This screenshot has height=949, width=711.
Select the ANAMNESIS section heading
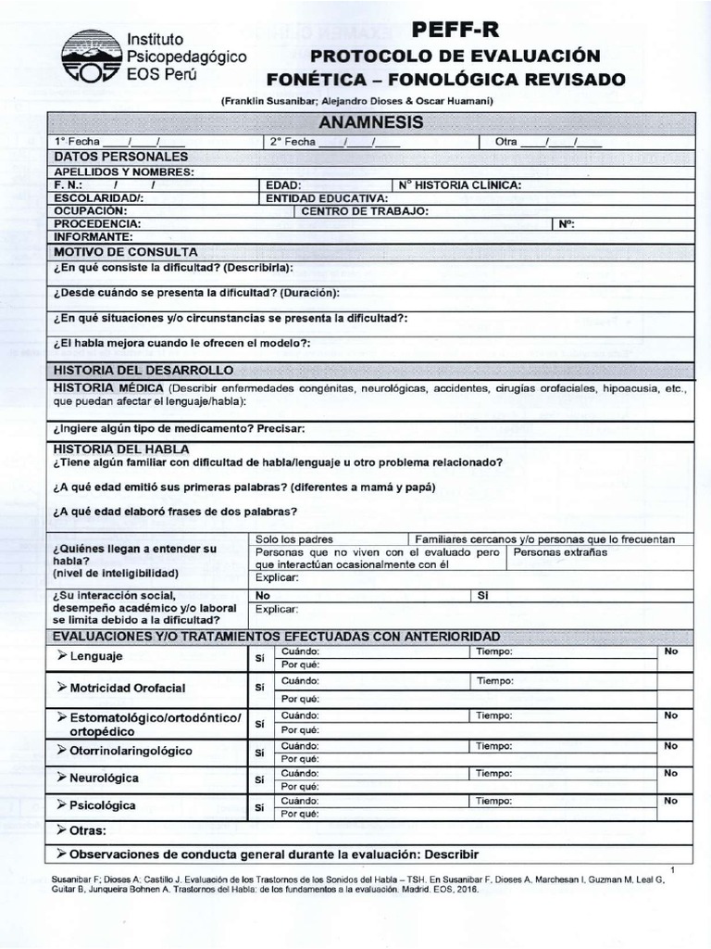point(370,122)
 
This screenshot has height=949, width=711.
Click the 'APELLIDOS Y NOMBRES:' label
point(124,171)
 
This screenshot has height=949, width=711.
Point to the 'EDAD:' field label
point(283,184)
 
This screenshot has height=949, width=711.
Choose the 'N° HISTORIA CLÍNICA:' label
point(460,184)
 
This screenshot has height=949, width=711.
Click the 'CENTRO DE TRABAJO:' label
point(365,210)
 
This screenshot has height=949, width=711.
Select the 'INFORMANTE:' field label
point(94,236)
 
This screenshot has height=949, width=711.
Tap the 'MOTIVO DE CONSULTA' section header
point(126,251)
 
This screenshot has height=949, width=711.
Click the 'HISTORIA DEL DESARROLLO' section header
point(143,370)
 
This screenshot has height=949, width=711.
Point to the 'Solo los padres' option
point(294,538)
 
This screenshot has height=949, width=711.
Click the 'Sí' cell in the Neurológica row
point(260,779)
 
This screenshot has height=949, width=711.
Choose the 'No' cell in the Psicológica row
point(671,800)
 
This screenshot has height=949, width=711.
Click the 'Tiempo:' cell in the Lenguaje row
point(493,652)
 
